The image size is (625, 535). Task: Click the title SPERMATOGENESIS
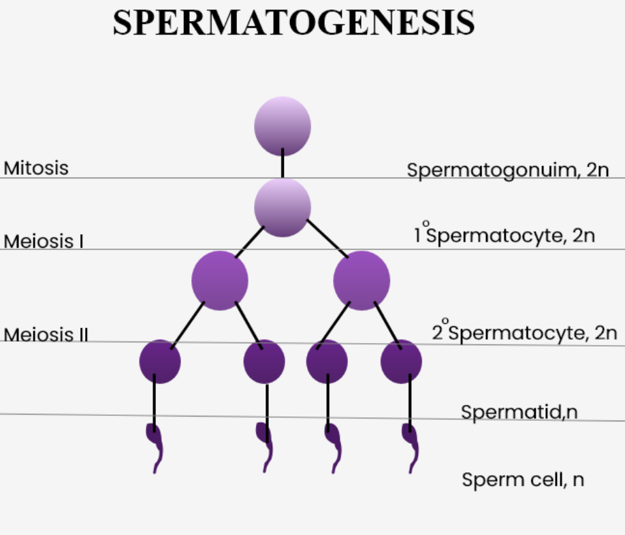point(293,24)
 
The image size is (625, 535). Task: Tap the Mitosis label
point(36,167)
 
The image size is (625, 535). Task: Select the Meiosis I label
point(44,241)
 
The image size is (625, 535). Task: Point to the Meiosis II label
point(46,334)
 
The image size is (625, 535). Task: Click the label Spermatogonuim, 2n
point(508,170)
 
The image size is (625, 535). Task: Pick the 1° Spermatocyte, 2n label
point(504,235)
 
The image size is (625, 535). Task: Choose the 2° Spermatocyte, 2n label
point(524,333)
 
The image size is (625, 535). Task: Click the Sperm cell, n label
point(523,479)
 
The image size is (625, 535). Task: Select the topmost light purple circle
point(283,126)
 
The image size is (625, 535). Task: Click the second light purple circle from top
point(283,207)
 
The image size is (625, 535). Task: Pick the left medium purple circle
point(219,280)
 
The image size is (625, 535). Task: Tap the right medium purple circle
point(362,280)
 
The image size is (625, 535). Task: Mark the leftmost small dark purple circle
point(160,361)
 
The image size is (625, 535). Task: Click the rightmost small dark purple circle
point(401,361)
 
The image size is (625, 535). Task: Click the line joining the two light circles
point(283,166)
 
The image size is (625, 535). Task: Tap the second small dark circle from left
point(264,361)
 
